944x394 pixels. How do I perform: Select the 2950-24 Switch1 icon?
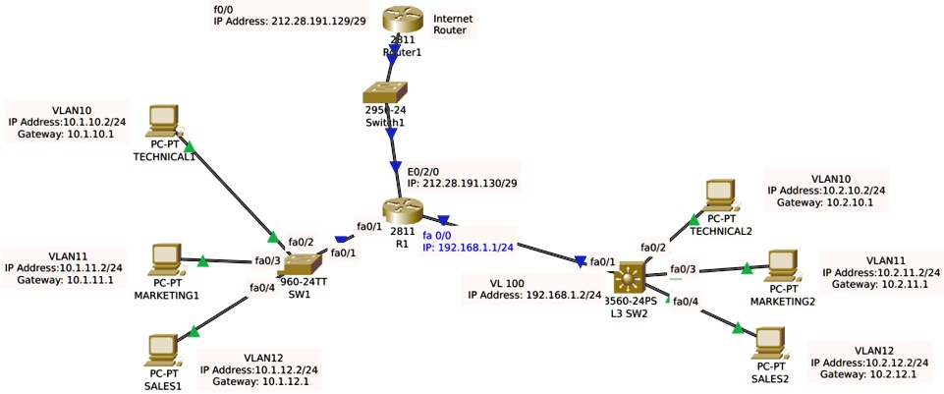tap(391, 95)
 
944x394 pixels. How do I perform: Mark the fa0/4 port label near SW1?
tap(262, 288)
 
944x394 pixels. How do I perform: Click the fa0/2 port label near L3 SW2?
tap(653, 248)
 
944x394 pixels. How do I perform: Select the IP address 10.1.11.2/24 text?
tap(64, 266)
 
